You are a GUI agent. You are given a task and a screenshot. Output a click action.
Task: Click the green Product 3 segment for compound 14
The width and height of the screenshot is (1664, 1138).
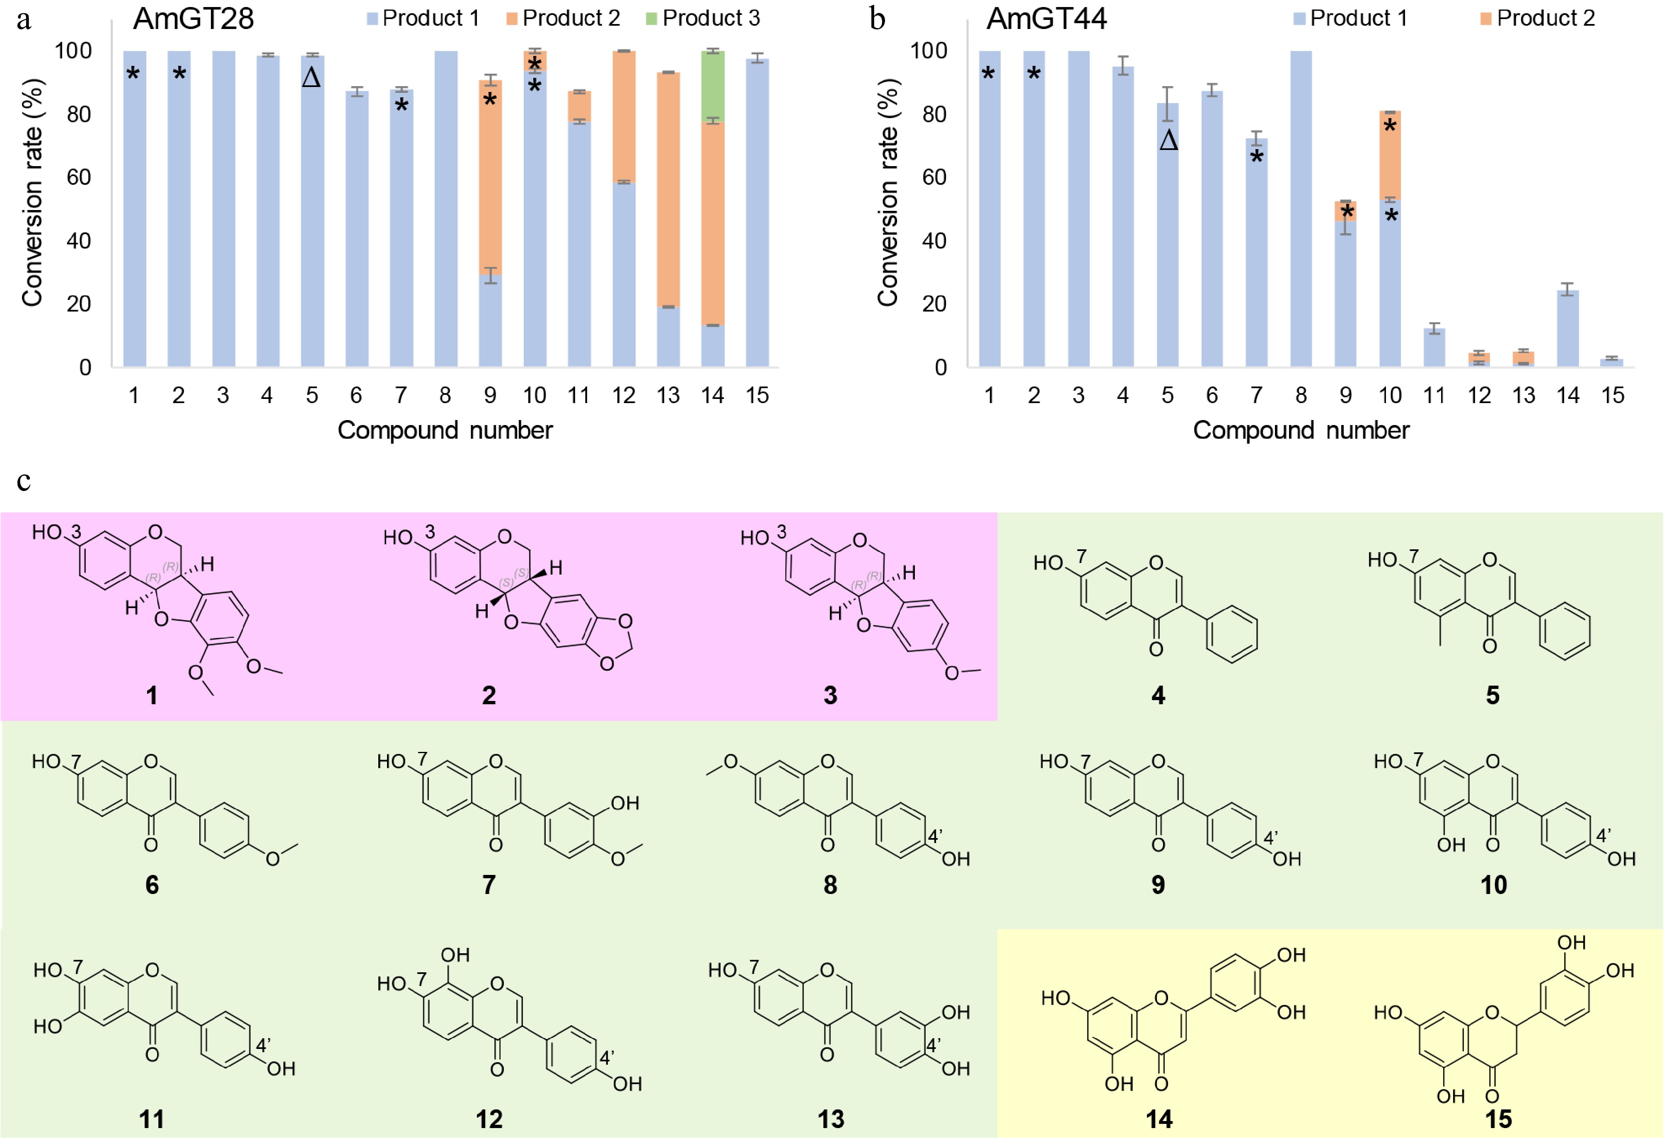pos(712,86)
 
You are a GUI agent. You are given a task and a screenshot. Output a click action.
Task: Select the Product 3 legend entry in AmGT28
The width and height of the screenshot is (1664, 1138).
pos(703,18)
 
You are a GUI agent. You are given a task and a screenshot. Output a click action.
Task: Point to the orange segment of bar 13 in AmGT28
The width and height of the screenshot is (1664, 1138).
pos(668,190)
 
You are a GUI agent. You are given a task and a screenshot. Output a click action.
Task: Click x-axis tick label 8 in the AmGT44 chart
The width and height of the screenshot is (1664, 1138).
pos(1301,395)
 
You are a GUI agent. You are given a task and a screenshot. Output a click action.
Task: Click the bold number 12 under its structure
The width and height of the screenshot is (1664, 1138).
pos(489,1119)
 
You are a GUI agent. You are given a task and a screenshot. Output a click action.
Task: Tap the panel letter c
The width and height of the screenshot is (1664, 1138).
pos(24,480)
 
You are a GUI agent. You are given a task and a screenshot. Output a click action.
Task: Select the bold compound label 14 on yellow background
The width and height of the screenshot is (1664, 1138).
pos(1159,1119)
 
